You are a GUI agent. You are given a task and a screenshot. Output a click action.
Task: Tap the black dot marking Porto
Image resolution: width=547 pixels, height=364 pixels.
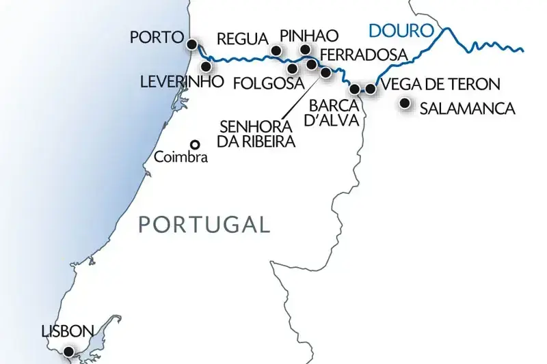pyautogui.click(x=193, y=45)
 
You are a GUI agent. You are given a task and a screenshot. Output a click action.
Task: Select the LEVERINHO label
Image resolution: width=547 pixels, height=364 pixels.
pyautogui.click(x=181, y=82)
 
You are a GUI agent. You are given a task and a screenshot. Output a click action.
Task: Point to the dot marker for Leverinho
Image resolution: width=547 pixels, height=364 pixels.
pyautogui.click(x=205, y=67)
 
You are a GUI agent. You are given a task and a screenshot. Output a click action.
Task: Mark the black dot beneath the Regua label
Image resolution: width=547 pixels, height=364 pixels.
pyautogui.click(x=276, y=51)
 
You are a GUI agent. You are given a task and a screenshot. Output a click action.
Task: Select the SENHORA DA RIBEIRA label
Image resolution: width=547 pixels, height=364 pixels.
pyautogui.click(x=256, y=135)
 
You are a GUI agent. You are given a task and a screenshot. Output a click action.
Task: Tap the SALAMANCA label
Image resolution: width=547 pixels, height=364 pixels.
pyautogui.click(x=466, y=108)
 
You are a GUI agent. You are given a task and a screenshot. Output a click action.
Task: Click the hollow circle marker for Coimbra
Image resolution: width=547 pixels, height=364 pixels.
pyautogui.click(x=195, y=144)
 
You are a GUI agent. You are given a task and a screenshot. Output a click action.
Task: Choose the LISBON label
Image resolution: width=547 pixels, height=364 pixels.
pyautogui.click(x=67, y=331)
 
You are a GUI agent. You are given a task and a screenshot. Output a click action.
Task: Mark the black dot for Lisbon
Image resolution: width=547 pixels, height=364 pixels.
pyautogui.click(x=68, y=352)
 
